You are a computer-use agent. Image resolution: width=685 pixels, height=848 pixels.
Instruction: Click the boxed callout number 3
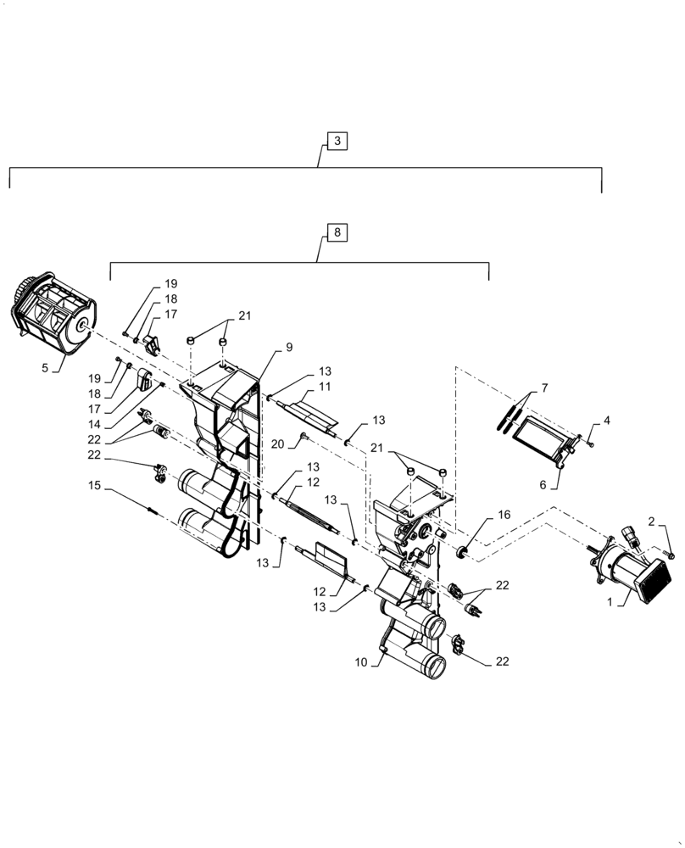[x=337, y=142]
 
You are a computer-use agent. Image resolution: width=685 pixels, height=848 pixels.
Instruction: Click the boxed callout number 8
[x=337, y=232]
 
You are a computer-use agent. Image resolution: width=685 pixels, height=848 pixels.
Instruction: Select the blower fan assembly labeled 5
[x=53, y=315]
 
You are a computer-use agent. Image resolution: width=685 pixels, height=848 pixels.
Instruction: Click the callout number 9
[x=288, y=347]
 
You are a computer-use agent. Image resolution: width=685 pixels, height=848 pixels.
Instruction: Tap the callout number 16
[x=504, y=514]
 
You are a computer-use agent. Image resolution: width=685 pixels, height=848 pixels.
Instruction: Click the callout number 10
[x=360, y=662]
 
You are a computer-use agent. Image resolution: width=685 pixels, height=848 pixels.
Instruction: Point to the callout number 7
[x=543, y=388]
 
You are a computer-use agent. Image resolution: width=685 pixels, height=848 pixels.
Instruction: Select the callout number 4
[x=606, y=419]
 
